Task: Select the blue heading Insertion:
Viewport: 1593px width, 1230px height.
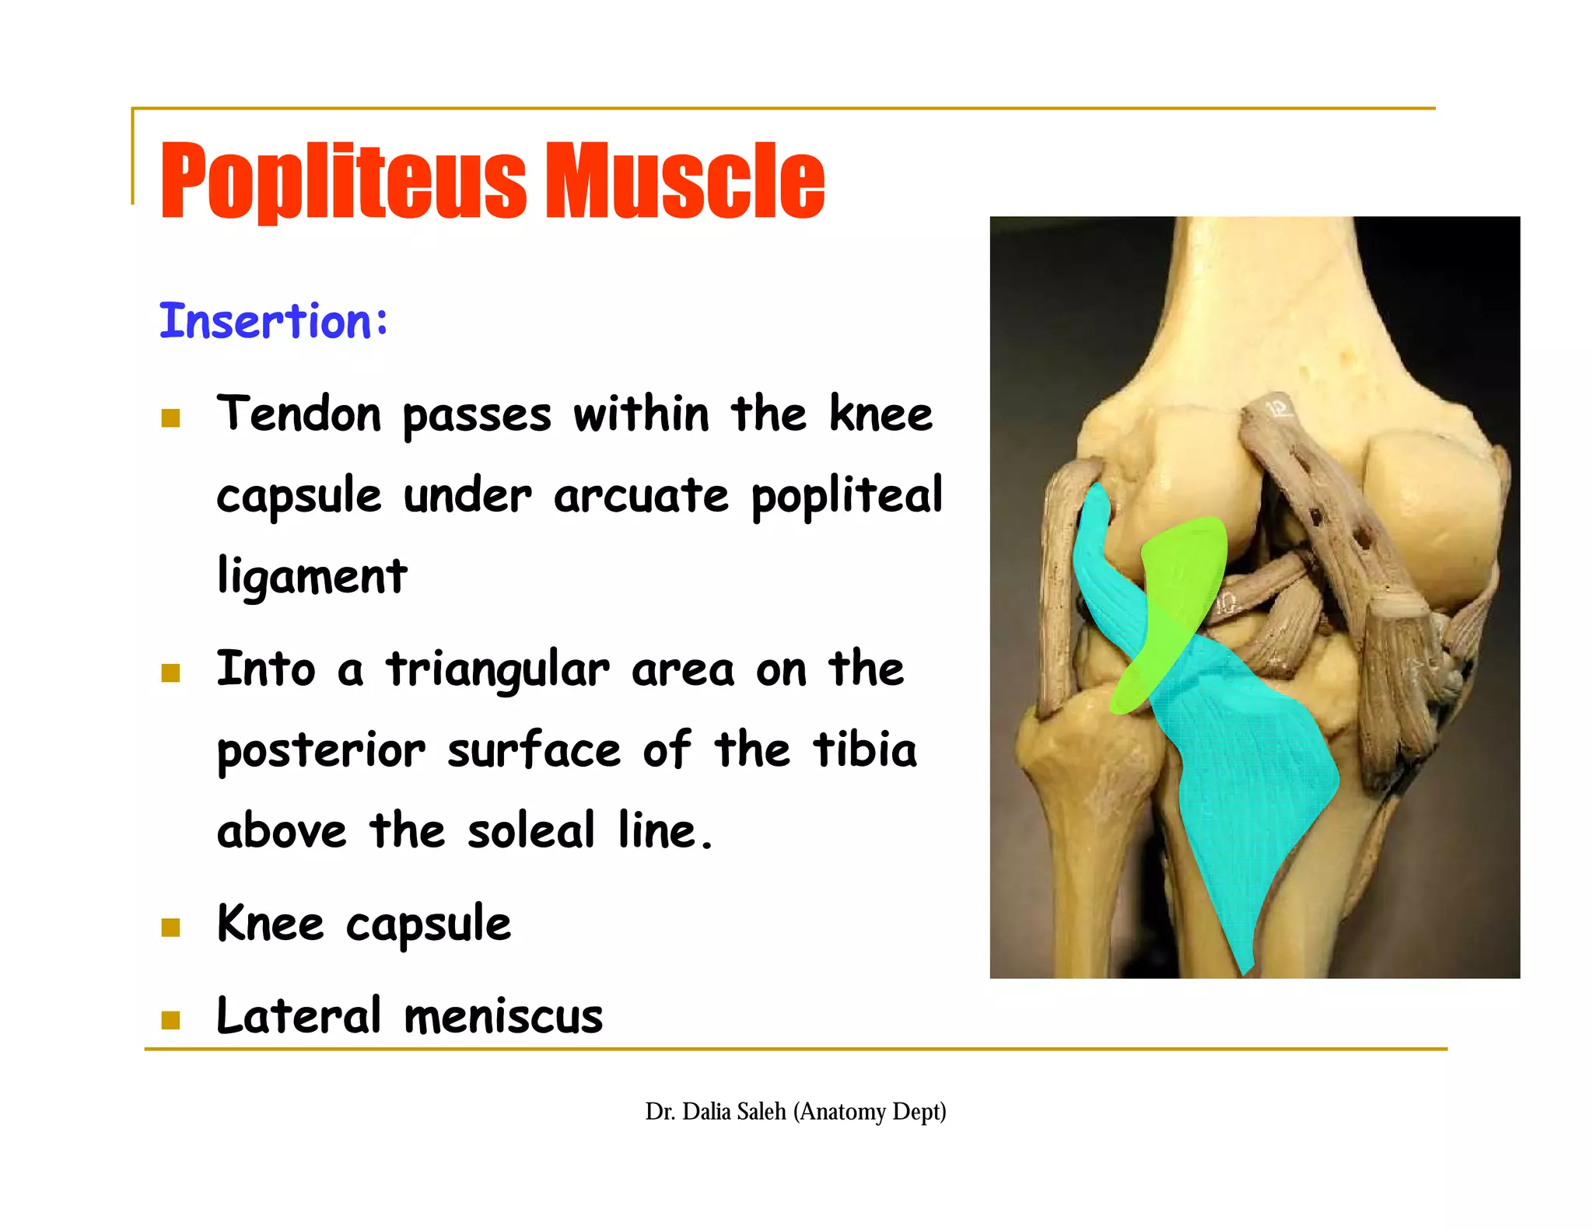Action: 273,321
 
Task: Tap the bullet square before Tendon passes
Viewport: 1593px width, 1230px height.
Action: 170,419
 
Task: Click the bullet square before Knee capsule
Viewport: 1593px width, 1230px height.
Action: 170,928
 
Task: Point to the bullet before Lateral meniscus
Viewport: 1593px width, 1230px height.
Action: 170,1020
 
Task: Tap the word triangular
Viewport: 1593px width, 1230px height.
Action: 498,670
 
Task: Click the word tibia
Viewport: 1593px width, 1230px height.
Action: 864,750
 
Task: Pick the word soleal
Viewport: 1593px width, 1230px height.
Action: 531,831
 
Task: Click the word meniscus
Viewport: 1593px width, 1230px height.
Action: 503,1017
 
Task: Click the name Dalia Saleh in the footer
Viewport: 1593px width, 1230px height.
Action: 734,1112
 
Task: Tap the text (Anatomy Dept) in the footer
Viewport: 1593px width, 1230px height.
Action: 870,1112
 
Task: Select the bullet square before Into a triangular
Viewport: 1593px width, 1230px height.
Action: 170,673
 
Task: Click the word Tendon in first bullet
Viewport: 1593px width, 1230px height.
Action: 299,414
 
